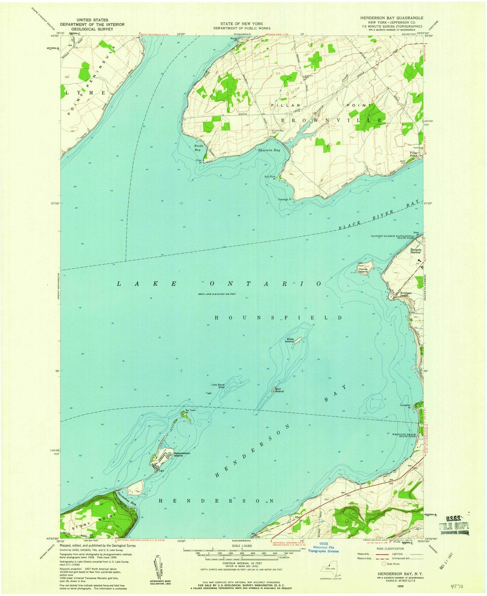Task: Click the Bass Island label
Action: pyautogui.click(x=290, y=340)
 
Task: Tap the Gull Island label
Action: pyautogui.click(x=279, y=390)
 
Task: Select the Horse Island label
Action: pyautogui.click(x=363, y=270)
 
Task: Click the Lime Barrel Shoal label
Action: pyautogui.click(x=218, y=386)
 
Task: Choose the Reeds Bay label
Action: pyautogui.click(x=198, y=148)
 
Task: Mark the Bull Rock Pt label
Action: pyautogui.click(x=270, y=178)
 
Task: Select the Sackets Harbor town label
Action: pyautogui.click(x=416, y=251)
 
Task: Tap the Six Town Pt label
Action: pyautogui.click(x=190, y=411)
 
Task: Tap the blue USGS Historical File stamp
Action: pyautogui.click(x=319, y=552)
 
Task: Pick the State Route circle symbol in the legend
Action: pyautogui.click(x=378, y=564)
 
